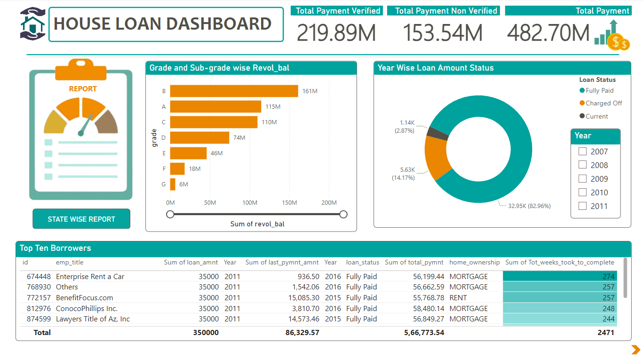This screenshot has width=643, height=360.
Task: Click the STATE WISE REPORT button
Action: tap(81, 219)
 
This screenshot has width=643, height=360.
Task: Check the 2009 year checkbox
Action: tap(582, 179)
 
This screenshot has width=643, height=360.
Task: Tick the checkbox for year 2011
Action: tap(582, 206)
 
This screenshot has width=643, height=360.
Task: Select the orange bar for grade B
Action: tap(234, 91)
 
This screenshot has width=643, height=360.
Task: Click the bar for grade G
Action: tap(173, 184)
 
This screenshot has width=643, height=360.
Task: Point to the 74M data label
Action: tap(239, 137)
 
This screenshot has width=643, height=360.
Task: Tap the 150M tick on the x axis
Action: tap(289, 203)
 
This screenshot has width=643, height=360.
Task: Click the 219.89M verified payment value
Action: tap(336, 33)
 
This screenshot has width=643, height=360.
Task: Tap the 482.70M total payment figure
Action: tap(548, 33)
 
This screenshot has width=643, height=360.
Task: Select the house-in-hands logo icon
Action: tap(32, 23)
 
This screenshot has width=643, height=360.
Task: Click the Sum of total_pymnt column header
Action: tap(414, 262)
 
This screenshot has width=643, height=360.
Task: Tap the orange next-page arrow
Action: tap(635, 349)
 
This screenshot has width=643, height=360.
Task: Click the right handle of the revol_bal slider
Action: tap(343, 215)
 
